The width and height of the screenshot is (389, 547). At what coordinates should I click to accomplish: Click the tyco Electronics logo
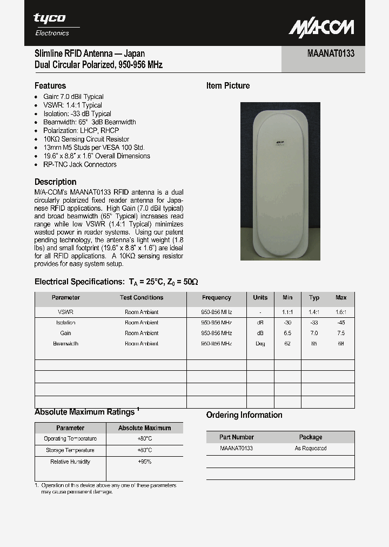click(x=52, y=24)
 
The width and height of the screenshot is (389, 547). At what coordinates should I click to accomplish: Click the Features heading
click(x=50, y=85)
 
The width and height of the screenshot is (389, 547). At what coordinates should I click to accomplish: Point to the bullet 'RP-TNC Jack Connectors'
click(x=79, y=164)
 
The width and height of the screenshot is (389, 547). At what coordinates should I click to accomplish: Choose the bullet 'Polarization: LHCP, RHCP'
click(x=81, y=130)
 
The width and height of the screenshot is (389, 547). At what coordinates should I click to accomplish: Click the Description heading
click(x=55, y=182)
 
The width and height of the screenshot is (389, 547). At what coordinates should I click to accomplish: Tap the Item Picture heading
click(x=228, y=85)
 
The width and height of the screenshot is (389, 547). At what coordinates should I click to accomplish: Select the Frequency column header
click(x=216, y=297)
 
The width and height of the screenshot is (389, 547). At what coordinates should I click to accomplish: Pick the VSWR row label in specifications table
click(x=65, y=312)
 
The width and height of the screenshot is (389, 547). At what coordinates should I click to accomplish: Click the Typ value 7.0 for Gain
click(x=314, y=333)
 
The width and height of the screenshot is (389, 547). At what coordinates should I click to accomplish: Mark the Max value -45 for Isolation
click(x=341, y=323)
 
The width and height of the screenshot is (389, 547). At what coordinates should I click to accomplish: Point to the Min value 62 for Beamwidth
click(x=287, y=343)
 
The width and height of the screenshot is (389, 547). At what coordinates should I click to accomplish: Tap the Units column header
click(x=260, y=297)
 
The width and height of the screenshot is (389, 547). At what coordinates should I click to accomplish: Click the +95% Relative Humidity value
click(x=144, y=462)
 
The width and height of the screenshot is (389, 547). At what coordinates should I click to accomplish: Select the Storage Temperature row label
click(x=70, y=450)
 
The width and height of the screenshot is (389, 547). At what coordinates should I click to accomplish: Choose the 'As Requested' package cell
click(x=310, y=449)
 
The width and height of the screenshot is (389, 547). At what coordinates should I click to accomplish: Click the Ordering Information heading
click(x=244, y=415)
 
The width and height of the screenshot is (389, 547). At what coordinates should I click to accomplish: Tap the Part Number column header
click(x=236, y=437)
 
